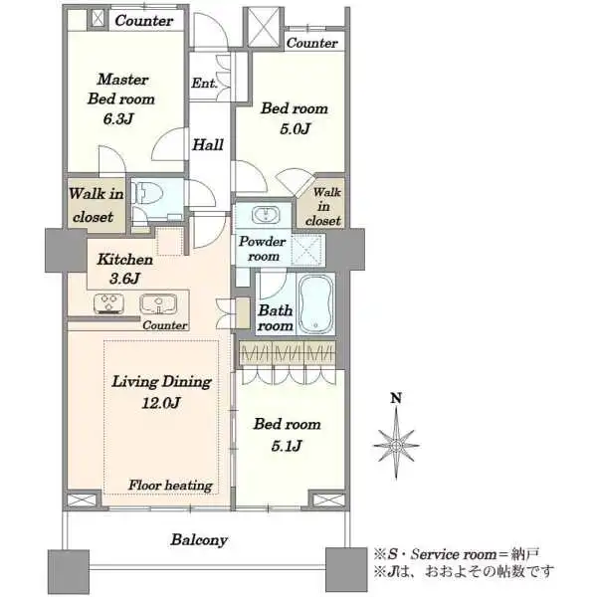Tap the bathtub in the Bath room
(315, 304)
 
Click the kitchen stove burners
(108, 303)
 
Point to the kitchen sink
(158, 303)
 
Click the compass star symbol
(396, 445)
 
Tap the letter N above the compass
(396, 398)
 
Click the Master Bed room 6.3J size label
(118, 119)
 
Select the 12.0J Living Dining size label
(160, 402)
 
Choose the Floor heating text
(170, 486)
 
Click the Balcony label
(199, 540)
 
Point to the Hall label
(208, 144)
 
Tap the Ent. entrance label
(204, 83)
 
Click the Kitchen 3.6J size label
(124, 279)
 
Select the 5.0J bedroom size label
(296, 128)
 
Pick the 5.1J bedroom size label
(287, 445)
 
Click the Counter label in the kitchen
(165, 325)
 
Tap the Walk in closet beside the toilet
(96, 205)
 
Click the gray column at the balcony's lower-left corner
(69, 572)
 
